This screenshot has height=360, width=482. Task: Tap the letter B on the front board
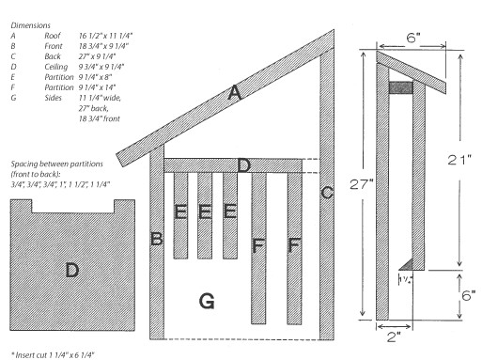coord(157,240)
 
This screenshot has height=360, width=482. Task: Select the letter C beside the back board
coord(327,194)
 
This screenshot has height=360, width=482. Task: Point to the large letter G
coord(209,301)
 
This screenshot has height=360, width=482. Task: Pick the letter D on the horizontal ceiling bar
coord(242,165)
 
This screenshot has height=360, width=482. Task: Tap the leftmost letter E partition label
coord(180,212)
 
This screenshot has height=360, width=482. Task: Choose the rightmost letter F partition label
coord(294,245)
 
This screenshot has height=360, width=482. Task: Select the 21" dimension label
coord(458,162)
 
